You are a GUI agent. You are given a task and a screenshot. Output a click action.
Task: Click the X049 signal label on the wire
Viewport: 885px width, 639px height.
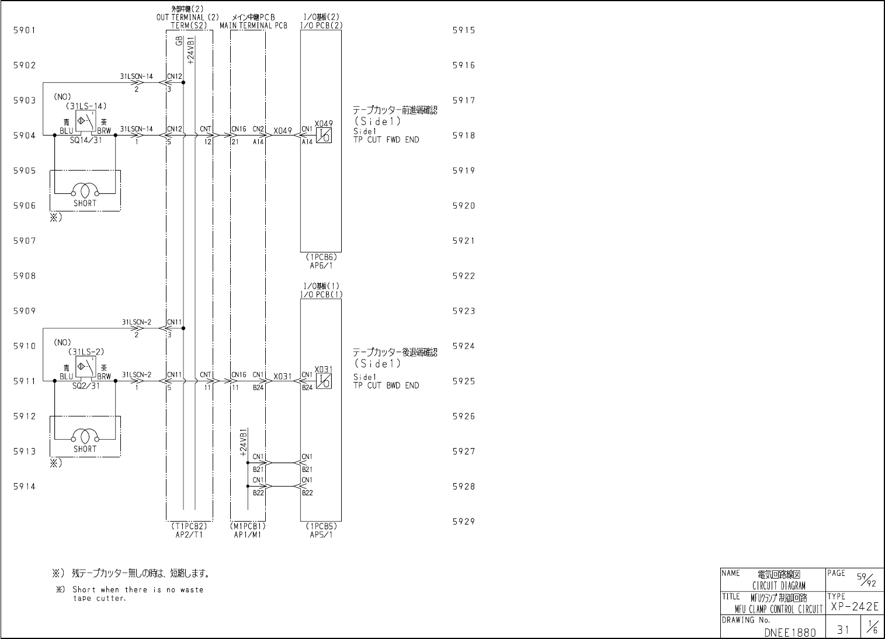pos(282,131)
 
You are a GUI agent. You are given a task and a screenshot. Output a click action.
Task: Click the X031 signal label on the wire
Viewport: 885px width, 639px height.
pos(282,377)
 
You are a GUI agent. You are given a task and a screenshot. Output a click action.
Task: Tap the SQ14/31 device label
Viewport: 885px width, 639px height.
pos(85,141)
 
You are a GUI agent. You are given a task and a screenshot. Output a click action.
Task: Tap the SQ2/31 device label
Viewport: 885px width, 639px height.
pos(85,386)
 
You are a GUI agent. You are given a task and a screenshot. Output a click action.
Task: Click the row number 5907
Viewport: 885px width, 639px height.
pos(25,241)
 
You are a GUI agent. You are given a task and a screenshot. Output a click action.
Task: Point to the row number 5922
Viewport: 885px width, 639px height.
pos(464,276)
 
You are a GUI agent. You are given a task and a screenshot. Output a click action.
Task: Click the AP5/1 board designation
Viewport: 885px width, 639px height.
pos(321,534)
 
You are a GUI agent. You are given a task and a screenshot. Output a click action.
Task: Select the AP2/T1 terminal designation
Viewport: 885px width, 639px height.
pos(189,534)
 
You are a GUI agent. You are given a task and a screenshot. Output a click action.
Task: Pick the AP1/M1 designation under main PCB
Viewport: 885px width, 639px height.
pos(248,534)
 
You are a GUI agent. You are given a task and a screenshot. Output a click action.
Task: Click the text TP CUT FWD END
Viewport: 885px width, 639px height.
pos(386,140)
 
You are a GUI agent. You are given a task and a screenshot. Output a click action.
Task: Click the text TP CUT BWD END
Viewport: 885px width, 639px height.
pos(386,386)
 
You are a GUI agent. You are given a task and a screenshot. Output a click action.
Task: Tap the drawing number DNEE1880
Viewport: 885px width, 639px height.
pos(789,632)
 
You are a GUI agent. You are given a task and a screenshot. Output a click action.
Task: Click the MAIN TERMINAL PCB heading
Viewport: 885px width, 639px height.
pos(254,26)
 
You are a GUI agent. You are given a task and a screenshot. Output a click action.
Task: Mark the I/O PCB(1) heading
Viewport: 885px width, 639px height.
pos(321,294)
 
